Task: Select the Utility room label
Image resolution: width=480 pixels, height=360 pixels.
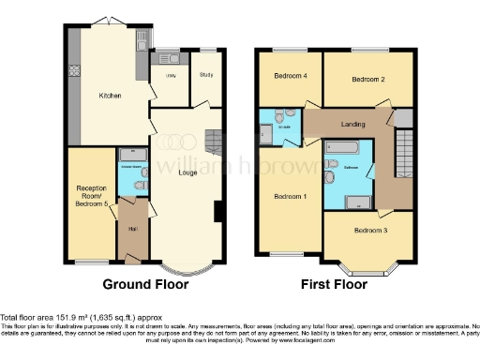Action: click(x=171, y=74)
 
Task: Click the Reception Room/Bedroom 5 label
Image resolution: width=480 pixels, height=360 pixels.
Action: click(x=91, y=194)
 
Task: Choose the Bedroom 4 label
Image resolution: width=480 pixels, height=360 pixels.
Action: click(x=290, y=76)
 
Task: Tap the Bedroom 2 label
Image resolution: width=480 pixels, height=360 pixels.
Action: click(x=368, y=81)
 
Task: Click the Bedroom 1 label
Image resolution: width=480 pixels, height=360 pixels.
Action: click(x=290, y=197)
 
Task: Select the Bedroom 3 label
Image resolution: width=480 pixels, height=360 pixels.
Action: click(x=369, y=229)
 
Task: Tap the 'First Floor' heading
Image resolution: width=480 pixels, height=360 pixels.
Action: click(x=335, y=284)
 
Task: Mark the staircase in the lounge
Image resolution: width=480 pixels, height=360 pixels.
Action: click(x=215, y=142)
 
